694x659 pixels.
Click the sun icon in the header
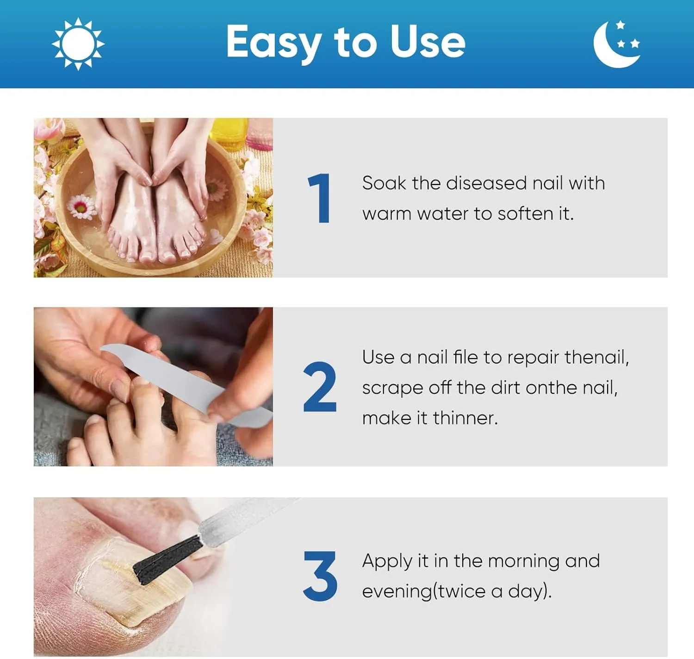[x=78, y=44]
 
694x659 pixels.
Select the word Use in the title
[x=428, y=42]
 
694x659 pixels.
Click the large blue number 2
[x=319, y=387]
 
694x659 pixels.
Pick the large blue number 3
[x=320, y=576]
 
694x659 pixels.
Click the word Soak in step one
[x=384, y=183]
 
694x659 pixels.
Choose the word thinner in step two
[x=465, y=418]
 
